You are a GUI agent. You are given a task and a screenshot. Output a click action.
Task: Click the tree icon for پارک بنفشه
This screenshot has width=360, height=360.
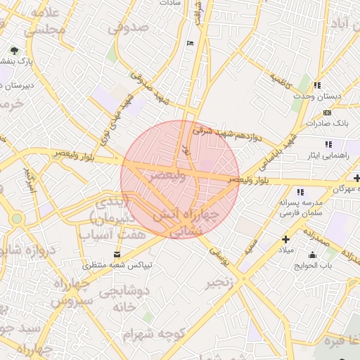[15, 51]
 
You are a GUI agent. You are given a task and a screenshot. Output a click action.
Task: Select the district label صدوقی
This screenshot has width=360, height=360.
[129, 27]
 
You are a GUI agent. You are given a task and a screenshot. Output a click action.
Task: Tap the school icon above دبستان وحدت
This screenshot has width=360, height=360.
[318, 84]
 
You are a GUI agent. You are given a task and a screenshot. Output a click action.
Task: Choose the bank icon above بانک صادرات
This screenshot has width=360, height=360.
[327, 112]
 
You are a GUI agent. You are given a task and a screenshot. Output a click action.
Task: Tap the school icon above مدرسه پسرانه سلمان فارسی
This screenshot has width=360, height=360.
[301, 192]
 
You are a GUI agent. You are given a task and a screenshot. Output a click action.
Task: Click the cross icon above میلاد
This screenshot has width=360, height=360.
[285, 239]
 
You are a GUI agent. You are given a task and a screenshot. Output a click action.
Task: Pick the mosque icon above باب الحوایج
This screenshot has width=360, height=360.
[312, 255]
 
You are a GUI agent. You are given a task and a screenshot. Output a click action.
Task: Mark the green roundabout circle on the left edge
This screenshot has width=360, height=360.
[16, 219]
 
